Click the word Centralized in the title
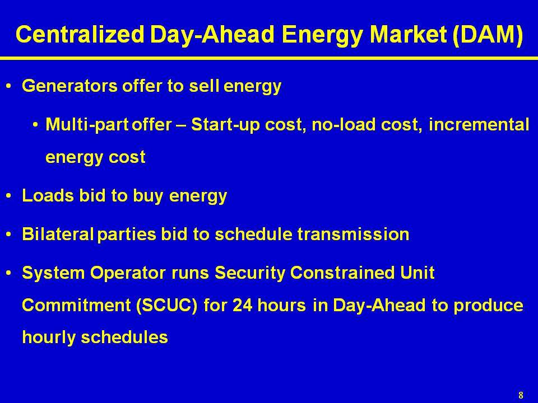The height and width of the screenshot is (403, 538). [x=80, y=35]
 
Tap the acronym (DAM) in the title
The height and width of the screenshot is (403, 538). [x=488, y=35]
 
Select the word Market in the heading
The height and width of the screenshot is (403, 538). [x=409, y=35]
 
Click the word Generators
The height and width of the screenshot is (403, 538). [x=69, y=86]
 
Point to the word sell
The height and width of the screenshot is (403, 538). [x=204, y=86]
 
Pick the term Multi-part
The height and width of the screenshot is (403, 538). [x=87, y=125]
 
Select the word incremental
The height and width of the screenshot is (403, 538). [x=479, y=124]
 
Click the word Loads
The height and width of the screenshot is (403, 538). [x=48, y=196]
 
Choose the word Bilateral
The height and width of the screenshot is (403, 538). [x=58, y=235]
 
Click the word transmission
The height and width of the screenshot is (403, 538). [x=353, y=235]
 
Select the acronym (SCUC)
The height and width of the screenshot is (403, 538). [x=167, y=306]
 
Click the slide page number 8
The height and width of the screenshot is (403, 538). [x=521, y=395]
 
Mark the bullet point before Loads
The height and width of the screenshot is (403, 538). [x=9, y=196]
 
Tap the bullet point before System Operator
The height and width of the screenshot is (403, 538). [x=9, y=273]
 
